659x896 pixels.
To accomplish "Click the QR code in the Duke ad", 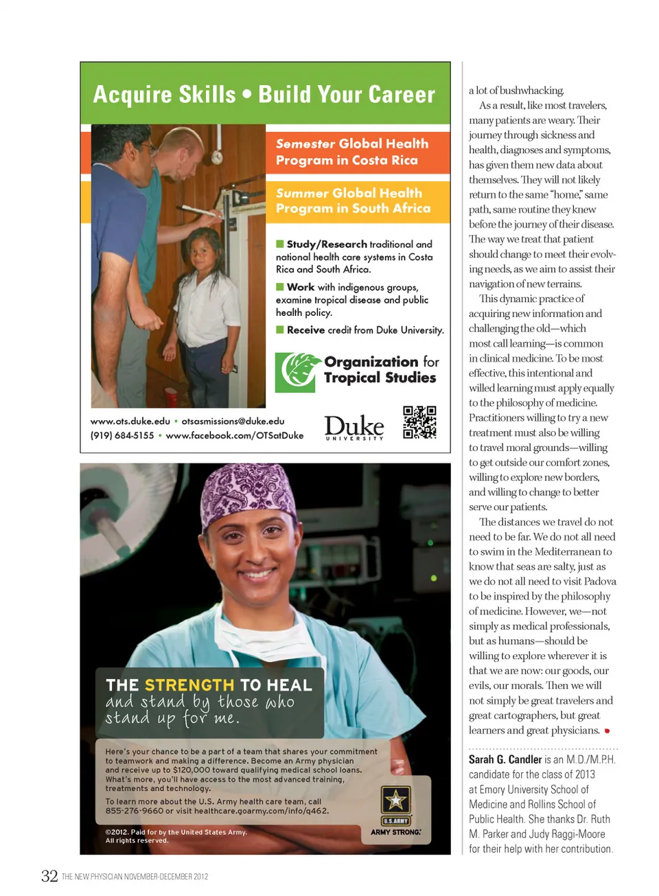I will [419, 422].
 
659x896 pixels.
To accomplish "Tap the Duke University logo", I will [354, 427].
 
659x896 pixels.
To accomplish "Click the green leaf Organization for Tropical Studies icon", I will [298, 371].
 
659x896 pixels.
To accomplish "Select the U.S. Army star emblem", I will [396, 800].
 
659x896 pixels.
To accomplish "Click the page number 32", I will [49, 876].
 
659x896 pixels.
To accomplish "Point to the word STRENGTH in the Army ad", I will [189, 685].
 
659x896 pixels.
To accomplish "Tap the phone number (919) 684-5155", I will [122, 435].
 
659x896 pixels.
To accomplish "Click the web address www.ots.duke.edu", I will [130, 421].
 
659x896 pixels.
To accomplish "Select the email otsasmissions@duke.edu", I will [233, 421].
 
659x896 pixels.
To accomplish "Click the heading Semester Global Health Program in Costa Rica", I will [352, 152].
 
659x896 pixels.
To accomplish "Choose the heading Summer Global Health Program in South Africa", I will [353, 200].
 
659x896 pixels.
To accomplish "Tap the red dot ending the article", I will [607, 731].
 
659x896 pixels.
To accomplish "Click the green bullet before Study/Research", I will [280, 244].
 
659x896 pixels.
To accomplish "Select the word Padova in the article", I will [601, 581].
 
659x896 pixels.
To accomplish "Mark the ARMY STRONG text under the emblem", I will [396, 832].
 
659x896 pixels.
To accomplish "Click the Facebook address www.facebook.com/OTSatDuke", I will [234, 435].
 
